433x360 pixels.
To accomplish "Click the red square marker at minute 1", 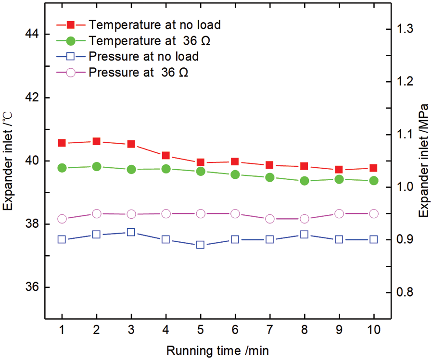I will click(62, 143).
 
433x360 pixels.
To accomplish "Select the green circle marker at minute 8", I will click(304, 181).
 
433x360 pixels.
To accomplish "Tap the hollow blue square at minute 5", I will click(201, 245).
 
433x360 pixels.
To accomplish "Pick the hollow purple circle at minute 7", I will click(269, 219).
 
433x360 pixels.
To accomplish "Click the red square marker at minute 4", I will click(166, 155).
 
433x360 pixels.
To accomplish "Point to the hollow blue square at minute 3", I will click(131, 232).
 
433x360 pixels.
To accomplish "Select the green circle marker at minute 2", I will click(97, 166).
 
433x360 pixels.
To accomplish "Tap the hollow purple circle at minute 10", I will click(373, 213).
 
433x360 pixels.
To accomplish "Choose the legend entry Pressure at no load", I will click(143, 56).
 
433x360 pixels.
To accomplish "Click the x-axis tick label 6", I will click(235, 331).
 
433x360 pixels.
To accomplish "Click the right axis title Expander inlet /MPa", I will click(423, 161).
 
